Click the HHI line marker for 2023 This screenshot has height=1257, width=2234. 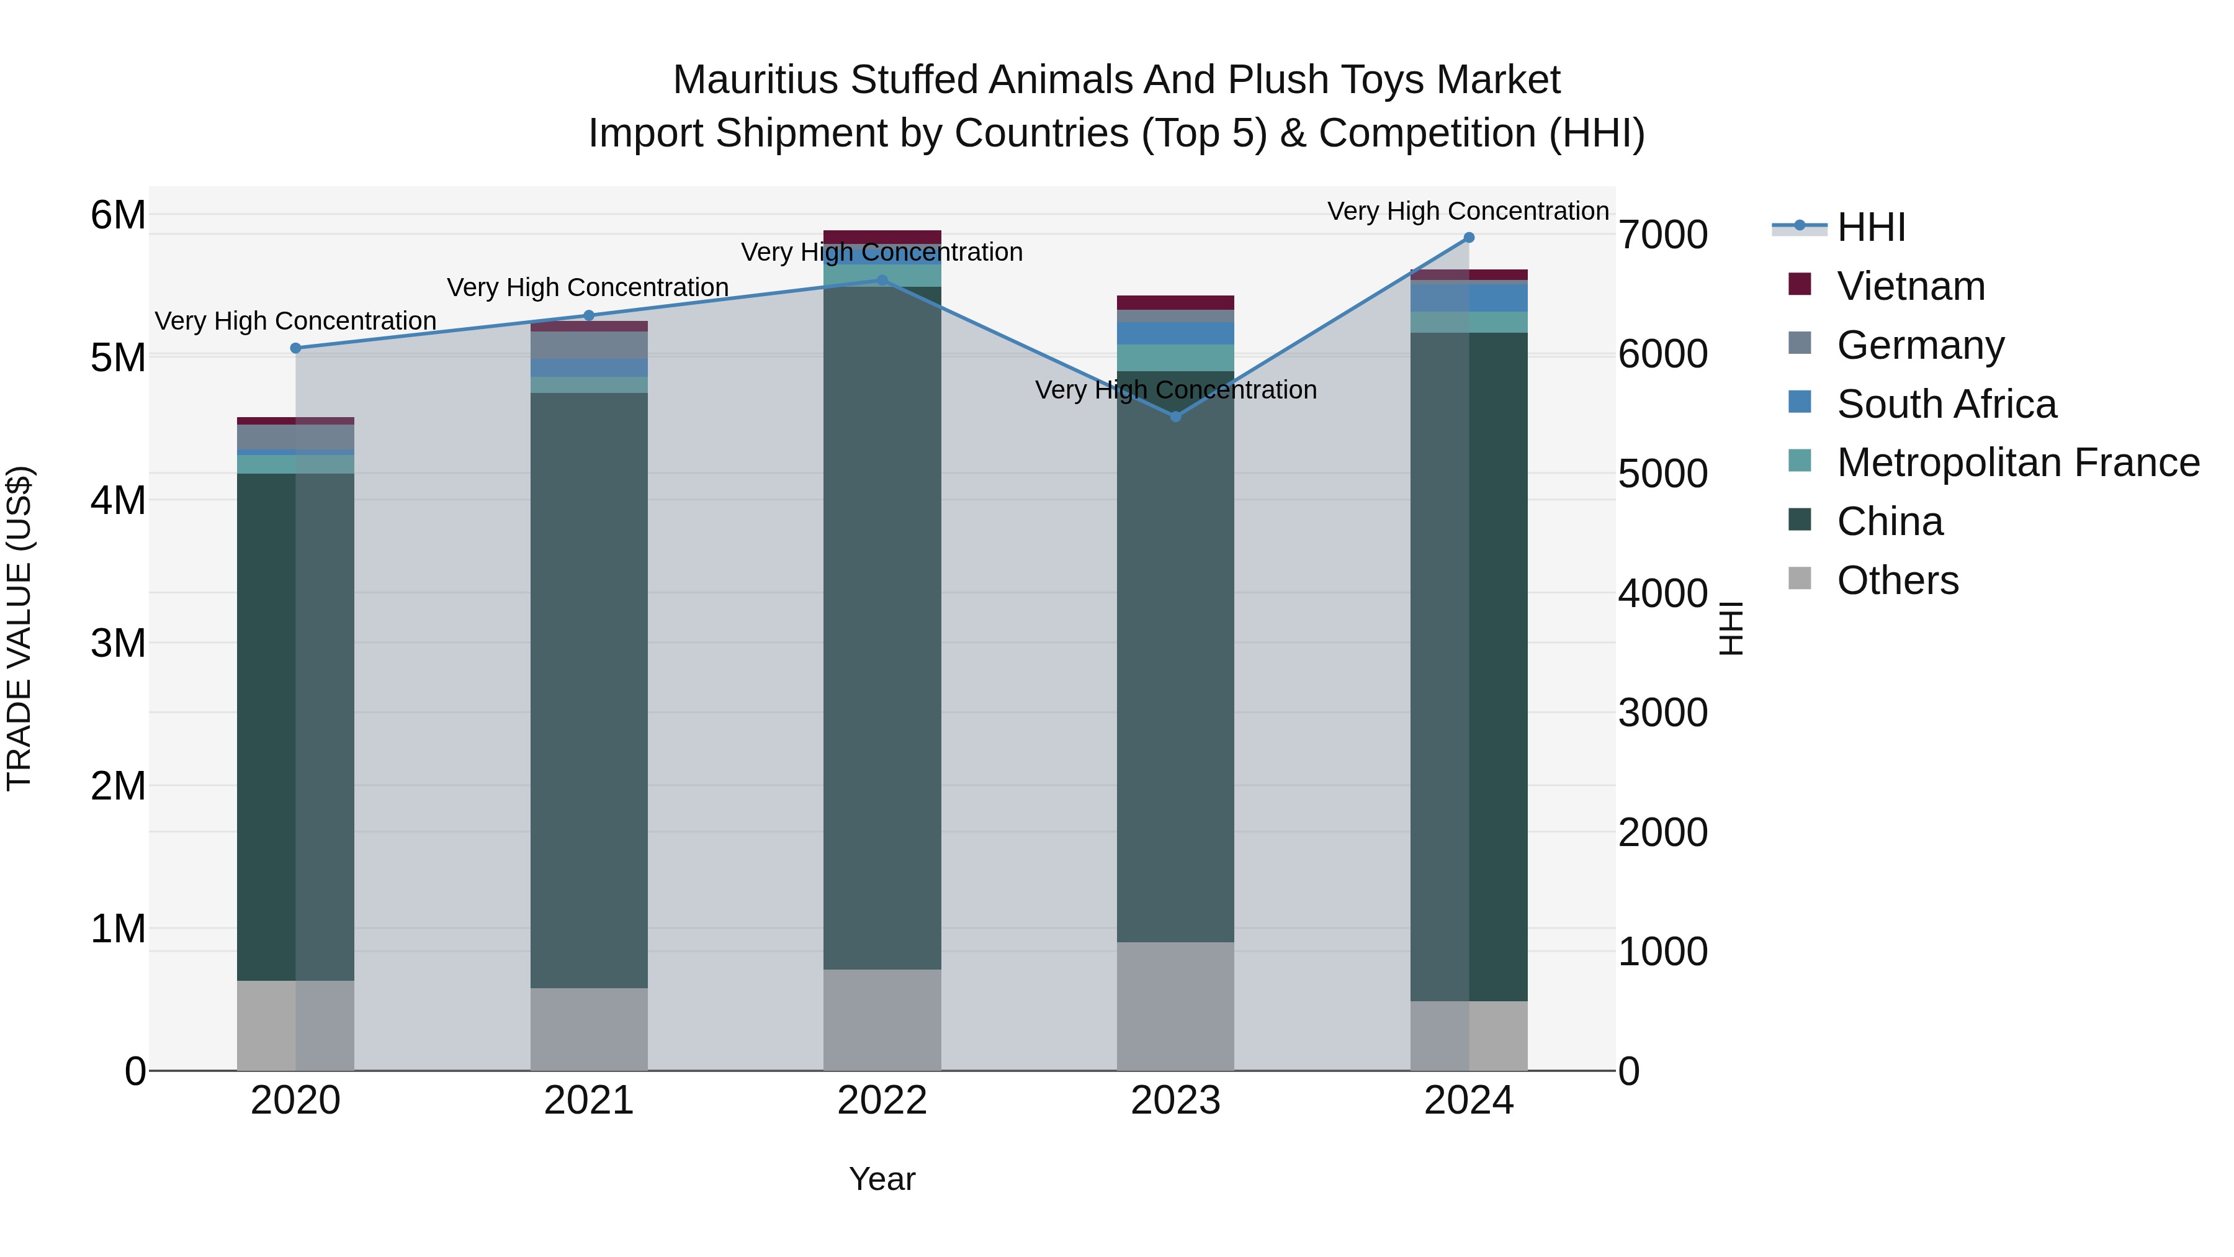pyautogui.click(x=1175, y=417)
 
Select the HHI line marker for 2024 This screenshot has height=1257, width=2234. pyautogui.click(x=1468, y=237)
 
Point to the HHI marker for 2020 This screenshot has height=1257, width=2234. pyautogui.click(x=296, y=348)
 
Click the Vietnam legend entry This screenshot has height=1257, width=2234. pyautogui.click(x=1911, y=286)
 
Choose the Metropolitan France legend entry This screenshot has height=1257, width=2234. pyautogui.click(x=2018, y=462)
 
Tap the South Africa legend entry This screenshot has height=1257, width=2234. pyautogui.click(x=1946, y=404)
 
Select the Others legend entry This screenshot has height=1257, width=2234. pyautogui.click(x=1898, y=580)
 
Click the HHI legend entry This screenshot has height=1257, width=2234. pyautogui.click(x=1870, y=227)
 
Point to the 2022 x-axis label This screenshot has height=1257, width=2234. pyautogui.click(x=882, y=1101)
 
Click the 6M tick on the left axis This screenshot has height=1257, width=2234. pyautogui.click(x=118, y=214)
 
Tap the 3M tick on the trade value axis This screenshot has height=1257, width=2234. pyautogui.click(x=118, y=643)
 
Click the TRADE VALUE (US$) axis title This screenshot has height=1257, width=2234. pyautogui.click(x=19, y=628)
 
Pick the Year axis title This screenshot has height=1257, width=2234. pyautogui.click(x=882, y=1179)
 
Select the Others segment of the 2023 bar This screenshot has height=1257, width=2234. pyautogui.click(x=1175, y=1006)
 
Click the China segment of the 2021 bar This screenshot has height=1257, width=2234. pyautogui.click(x=589, y=690)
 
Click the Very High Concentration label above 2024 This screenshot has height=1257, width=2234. pyautogui.click(x=1468, y=211)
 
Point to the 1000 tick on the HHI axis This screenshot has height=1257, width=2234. pyautogui.click(x=1662, y=952)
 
